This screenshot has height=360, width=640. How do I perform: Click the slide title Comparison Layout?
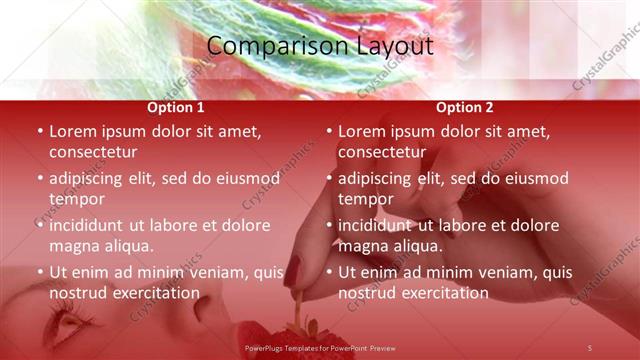[x=320, y=46]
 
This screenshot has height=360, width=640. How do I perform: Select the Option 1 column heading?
[x=176, y=107]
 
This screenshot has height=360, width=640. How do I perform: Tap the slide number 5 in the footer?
[x=590, y=347]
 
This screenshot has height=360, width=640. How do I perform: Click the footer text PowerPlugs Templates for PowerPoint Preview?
[x=320, y=347]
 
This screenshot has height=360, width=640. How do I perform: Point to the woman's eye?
[x=64, y=323]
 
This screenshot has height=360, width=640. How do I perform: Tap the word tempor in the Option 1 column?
[x=76, y=199]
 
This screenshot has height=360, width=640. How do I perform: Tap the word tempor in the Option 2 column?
[x=365, y=199]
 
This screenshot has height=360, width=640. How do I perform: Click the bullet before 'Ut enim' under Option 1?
[x=40, y=272]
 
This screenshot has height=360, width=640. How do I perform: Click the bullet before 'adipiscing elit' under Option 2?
[x=329, y=179]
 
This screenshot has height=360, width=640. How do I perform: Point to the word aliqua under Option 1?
[x=128, y=246]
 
